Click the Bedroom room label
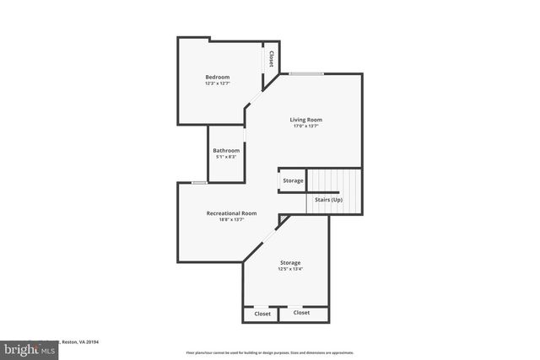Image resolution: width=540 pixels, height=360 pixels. click(217, 77)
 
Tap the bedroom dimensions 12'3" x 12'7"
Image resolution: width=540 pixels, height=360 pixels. click(217, 83)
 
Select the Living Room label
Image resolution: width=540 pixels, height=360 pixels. click(307, 120)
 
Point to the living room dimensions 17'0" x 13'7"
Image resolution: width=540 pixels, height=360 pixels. click(307, 126)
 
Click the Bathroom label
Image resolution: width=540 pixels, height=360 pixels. click(226, 150)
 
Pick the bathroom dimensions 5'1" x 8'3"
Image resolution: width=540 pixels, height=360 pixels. click(226, 157)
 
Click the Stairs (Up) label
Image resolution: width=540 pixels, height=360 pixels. click(329, 200)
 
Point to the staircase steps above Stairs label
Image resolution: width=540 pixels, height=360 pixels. click(333, 180)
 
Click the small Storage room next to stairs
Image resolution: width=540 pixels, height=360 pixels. click(293, 180)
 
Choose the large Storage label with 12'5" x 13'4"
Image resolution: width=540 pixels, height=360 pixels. click(290, 262)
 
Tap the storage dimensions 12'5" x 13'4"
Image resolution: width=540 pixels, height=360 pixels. click(290, 269)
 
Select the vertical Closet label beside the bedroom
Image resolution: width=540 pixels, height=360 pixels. click(271, 58)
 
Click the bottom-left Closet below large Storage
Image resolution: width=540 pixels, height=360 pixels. click(262, 313)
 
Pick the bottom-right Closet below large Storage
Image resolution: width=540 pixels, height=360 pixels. click(301, 313)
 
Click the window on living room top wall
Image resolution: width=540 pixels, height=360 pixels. click(306, 74)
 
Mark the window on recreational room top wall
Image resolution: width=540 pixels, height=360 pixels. click(199, 182)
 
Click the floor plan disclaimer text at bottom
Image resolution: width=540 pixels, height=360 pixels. click(269, 352)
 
